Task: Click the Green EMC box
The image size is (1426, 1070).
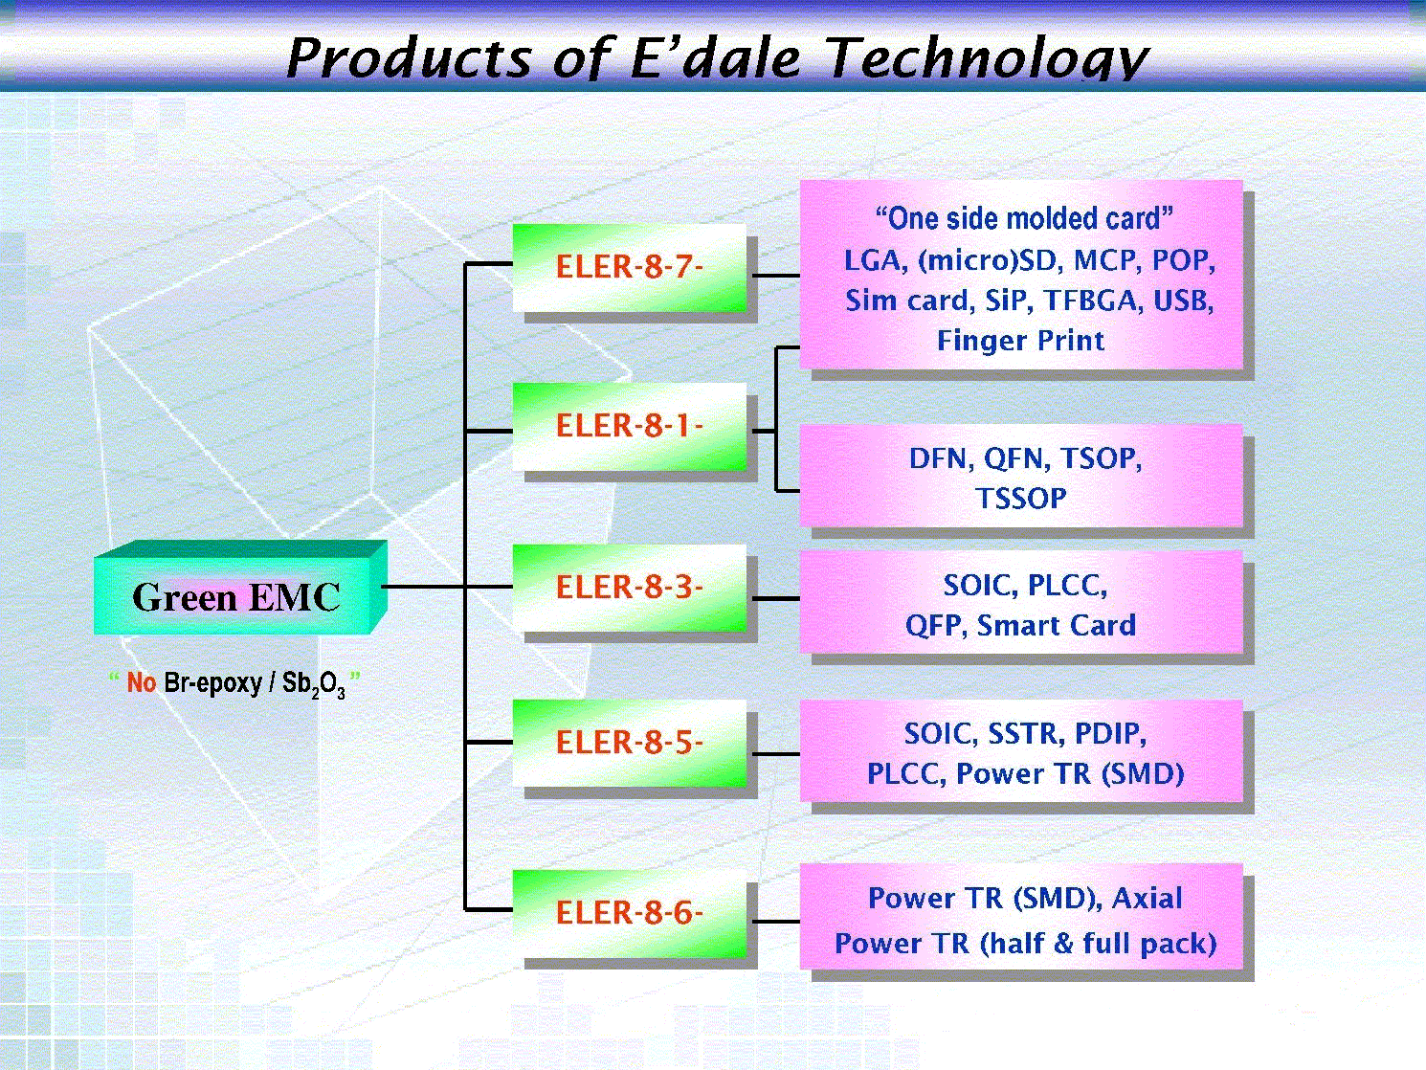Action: pyautogui.click(x=240, y=588)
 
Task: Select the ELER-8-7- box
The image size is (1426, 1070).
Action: pyautogui.click(x=630, y=268)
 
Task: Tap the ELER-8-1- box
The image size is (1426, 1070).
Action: pyautogui.click(x=630, y=427)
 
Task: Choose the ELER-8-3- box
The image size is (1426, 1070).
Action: pyautogui.click(x=630, y=588)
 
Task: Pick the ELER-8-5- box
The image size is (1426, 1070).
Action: pyautogui.click(x=630, y=744)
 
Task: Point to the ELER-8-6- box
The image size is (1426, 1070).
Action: pyautogui.click(x=630, y=913)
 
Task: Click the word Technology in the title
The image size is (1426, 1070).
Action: pyautogui.click(x=988, y=58)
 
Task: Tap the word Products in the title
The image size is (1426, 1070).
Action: pyautogui.click(x=410, y=58)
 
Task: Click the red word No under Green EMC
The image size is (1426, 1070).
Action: pyautogui.click(x=141, y=682)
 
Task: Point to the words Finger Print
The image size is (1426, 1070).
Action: pyautogui.click(x=1020, y=341)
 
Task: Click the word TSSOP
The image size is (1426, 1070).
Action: pyautogui.click(x=1021, y=499)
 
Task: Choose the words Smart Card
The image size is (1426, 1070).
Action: pyautogui.click(x=1057, y=625)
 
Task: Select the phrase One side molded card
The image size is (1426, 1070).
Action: pyautogui.click(x=1024, y=219)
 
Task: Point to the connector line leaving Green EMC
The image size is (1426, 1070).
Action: pyautogui.click(x=424, y=587)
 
